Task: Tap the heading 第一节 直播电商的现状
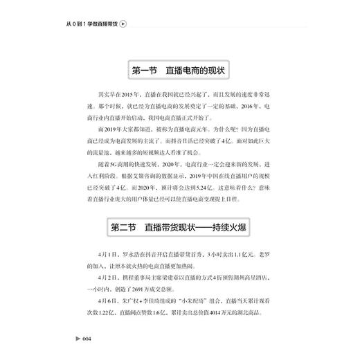coord(179,70)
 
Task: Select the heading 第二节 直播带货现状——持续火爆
coord(179,227)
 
